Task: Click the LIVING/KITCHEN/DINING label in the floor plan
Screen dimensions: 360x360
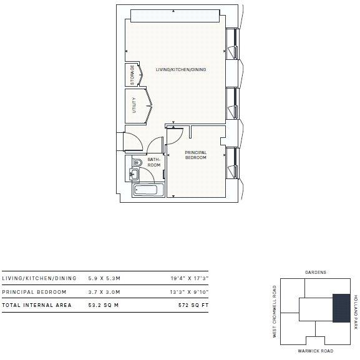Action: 181,70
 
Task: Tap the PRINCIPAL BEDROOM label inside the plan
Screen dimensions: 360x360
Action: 195,155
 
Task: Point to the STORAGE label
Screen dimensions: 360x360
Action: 132,75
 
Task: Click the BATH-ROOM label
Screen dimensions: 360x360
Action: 154,162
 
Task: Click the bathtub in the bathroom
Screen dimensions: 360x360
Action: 148,190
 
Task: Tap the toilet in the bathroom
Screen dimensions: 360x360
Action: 138,163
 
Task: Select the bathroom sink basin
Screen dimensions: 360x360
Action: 134,175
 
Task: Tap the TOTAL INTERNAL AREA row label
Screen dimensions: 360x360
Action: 37,305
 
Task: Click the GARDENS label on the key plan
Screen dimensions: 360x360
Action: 316,273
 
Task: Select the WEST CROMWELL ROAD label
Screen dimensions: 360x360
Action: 274,312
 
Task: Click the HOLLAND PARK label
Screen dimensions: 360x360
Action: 356,312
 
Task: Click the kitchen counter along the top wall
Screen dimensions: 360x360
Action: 175,15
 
